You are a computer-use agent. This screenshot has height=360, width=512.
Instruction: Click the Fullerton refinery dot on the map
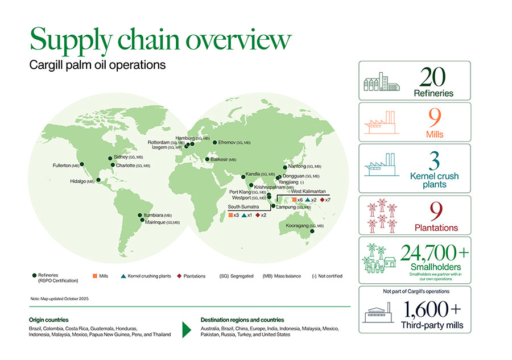tap(82, 164)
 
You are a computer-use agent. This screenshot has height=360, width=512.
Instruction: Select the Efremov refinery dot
tap(214, 142)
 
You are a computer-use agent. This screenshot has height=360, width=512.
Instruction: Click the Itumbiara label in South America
tap(157, 216)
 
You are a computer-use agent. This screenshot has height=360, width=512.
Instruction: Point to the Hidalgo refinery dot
tap(99, 180)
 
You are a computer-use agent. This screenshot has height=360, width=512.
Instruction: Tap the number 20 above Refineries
tap(434, 77)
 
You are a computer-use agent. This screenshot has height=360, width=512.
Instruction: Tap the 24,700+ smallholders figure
tap(434, 253)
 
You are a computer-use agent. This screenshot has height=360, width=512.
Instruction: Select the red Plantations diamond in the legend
tap(179, 276)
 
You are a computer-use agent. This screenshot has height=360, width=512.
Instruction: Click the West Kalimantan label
tap(308, 192)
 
